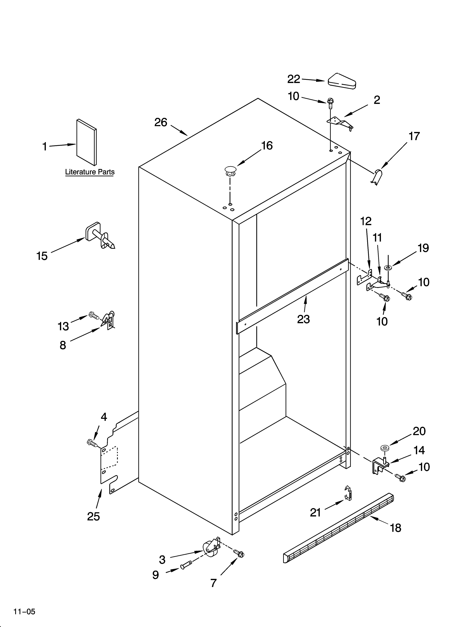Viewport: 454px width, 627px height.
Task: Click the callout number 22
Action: [x=294, y=79]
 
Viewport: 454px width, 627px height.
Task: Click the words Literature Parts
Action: [x=90, y=172]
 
